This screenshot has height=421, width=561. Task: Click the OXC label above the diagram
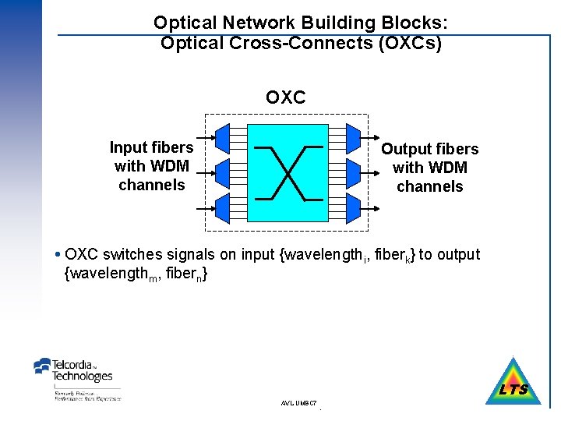tap(285, 97)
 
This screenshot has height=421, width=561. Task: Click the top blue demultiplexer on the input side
tap(222, 136)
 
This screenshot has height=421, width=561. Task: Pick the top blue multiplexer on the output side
tap(352, 136)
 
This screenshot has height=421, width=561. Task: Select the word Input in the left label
tap(129, 147)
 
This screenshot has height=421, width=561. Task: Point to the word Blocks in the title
tap(416, 23)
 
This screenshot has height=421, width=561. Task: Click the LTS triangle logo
tap(513, 384)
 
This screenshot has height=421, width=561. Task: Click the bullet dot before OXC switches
tap(60, 255)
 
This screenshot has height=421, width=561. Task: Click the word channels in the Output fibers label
tap(430, 186)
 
